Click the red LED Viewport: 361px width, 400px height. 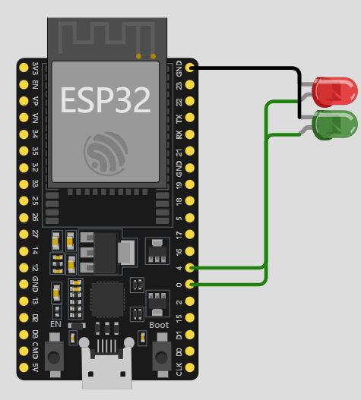tap(334, 92)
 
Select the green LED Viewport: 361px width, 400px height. tap(334, 125)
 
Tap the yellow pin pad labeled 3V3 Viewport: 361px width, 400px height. tap(24, 68)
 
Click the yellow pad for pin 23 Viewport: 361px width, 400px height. tap(189, 84)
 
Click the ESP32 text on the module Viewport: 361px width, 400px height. tap(105, 100)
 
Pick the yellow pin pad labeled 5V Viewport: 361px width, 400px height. tap(24, 367)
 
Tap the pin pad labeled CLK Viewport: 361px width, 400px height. tap(189, 367)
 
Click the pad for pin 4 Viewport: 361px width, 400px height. tap(189, 268)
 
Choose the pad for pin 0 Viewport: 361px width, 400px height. tap(189, 285)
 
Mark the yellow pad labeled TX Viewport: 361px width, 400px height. tap(189, 118)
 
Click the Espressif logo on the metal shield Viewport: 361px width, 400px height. tap(106, 153)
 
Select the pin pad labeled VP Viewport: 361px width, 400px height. tap(24, 101)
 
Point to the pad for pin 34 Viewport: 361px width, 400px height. tap(24, 134)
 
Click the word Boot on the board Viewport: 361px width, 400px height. tap(159, 325)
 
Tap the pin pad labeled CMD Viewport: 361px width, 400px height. tap(24, 351)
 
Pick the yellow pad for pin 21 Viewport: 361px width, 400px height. tap(189, 151)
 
